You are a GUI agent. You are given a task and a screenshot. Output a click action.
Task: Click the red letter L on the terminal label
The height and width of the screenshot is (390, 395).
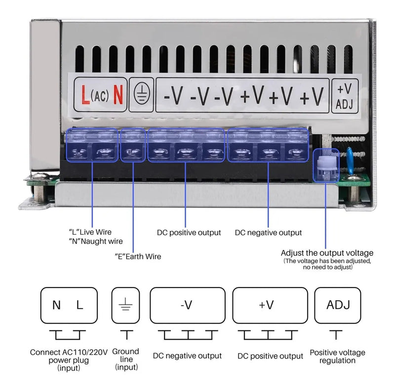click(x=85, y=94)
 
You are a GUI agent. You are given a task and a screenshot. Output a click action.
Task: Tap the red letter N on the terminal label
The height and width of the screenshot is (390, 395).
click(x=118, y=94)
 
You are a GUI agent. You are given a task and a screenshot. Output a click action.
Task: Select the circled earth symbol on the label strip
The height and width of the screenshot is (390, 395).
click(x=140, y=94)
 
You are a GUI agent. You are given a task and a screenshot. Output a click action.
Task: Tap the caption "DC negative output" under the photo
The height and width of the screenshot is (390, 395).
click(x=268, y=232)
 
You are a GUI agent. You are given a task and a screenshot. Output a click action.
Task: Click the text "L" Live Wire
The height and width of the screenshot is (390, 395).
click(x=90, y=232)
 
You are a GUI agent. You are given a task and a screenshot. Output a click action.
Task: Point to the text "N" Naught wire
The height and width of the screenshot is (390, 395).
click(x=96, y=241)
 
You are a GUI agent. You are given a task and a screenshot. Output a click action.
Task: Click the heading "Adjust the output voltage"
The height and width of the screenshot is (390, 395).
click(x=327, y=253)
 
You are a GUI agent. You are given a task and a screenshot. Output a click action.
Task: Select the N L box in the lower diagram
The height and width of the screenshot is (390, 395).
click(x=68, y=305)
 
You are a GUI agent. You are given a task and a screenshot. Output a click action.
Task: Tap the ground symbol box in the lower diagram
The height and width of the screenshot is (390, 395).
click(x=126, y=305)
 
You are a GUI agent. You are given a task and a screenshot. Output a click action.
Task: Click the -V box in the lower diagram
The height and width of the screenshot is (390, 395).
click(x=187, y=305)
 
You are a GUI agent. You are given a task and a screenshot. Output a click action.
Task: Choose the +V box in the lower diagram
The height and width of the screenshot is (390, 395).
click(x=267, y=305)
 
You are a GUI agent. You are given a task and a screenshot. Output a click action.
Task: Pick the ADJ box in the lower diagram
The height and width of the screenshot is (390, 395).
click(x=338, y=305)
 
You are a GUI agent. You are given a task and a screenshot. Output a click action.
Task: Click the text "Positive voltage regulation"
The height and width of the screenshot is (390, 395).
click(x=338, y=356)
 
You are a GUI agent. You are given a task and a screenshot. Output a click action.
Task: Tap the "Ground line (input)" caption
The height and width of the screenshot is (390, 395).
click(x=126, y=359)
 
